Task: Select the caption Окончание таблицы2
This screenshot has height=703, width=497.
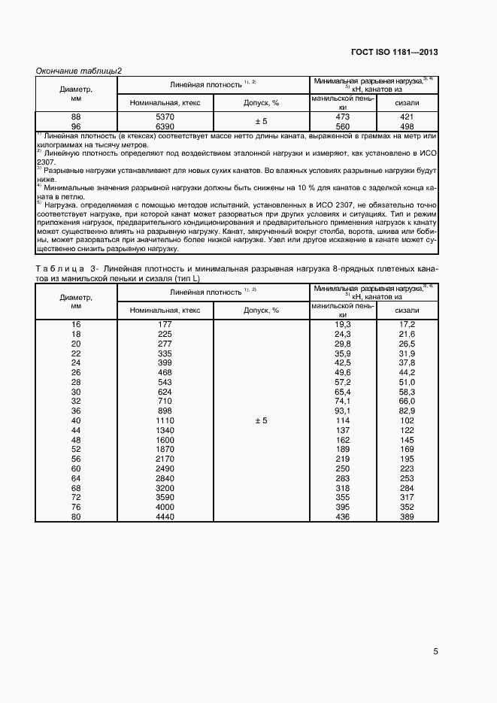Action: point(80,71)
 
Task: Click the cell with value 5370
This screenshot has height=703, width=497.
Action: point(165,117)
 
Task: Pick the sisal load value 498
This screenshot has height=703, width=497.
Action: point(407,126)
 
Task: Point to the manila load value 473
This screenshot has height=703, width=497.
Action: point(343,117)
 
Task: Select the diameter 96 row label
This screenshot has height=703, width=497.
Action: point(76,126)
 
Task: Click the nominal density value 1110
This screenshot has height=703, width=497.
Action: point(165,421)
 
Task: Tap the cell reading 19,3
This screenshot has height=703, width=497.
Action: point(343,323)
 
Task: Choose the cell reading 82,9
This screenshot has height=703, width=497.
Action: point(407,411)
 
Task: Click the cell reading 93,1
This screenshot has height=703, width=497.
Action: point(343,411)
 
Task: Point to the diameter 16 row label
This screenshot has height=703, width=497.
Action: point(76,323)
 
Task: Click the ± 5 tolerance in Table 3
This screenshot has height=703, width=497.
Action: point(262,421)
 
